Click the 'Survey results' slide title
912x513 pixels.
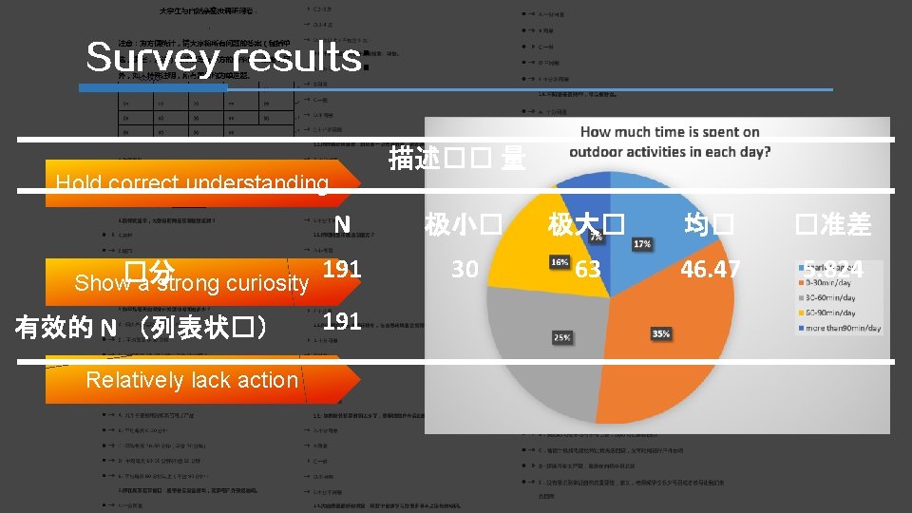coord(224,58)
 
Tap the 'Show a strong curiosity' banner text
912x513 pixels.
coord(191,283)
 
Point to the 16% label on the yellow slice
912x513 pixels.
coord(560,261)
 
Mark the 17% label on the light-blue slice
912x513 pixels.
coord(641,244)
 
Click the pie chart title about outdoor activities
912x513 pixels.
coord(670,142)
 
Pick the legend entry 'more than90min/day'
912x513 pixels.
coord(842,329)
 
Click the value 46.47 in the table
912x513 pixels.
coord(709,270)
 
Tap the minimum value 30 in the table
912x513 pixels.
coord(464,270)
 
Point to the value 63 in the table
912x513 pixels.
coord(587,270)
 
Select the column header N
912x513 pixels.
coord(342,224)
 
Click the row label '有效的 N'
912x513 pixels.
coord(142,329)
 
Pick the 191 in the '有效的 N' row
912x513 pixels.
coord(342,321)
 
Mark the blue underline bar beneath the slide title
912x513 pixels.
coord(152,88)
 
